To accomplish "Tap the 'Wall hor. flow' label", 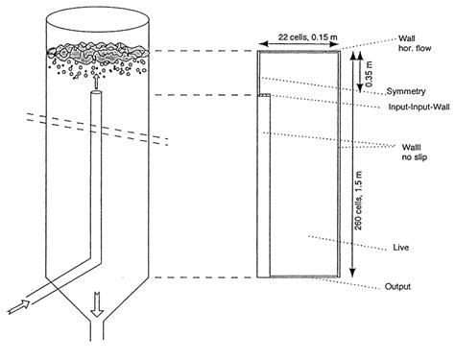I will [x=419, y=45].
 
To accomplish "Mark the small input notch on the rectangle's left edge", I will [x=262, y=96].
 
